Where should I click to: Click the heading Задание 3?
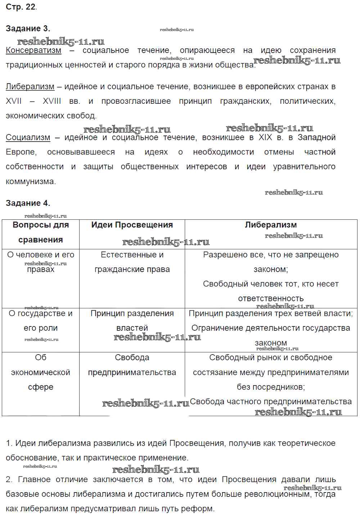pyautogui.click(x=28, y=28)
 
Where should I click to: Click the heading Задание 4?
pyautogui.click(x=28, y=203)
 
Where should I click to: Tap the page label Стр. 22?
pyautogui.click(x=21, y=7)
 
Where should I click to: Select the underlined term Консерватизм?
pyautogui.click(x=33, y=50)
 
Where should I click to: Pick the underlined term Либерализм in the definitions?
pyautogui.click(x=30, y=86)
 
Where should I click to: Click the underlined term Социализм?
pyautogui.click(x=28, y=137)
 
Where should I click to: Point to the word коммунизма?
pyautogui.click(x=31, y=181)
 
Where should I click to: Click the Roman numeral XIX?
pyautogui.click(x=265, y=137)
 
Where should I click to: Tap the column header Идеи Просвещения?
pyautogui.click(x=132, y=225)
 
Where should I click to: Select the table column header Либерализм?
pyautogui.click(x=271, y=225)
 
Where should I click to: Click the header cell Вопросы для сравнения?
pyautogui.click(x=41, y=232)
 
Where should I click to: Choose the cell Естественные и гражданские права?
pyautogui.click(x=132, y=262)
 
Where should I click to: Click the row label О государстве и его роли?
pyautogui.click(x=41, y=321)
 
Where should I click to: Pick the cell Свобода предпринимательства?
pyautogui.click(x=132, y=365)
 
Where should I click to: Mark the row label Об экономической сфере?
pyautogui.click(x=41, y=372)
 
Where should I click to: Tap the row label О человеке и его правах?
pyautogui.click(x=41, y=262)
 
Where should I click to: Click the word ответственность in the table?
pyautogui.click(x=271, y=299)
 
